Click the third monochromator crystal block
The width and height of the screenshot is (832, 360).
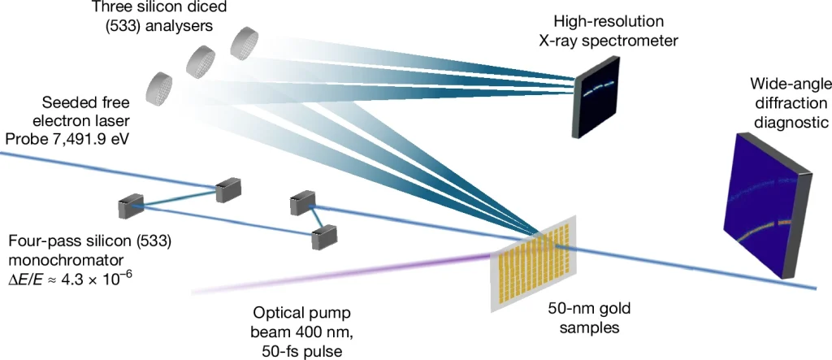(301, 202)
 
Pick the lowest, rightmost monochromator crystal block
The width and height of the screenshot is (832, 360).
(325, 236)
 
